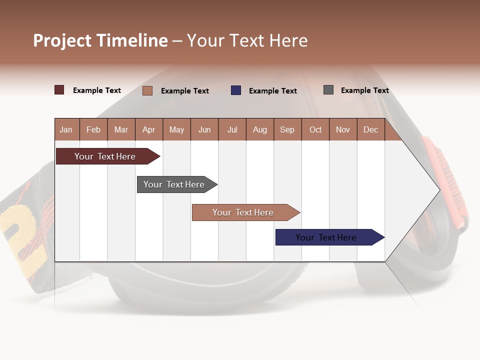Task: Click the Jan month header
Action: (x=66, y=130)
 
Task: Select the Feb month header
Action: (x=93, y=130)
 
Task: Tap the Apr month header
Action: (x=149, y=130)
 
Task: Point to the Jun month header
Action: (x=204, y=130)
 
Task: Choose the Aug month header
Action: (x=260, y=130)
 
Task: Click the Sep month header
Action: (x=287, y=130)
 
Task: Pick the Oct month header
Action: (x=315, y=130)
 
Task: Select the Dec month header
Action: (x=371, y=130)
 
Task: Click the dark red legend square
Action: (x=59, y=90)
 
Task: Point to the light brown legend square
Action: (x=147, y=90)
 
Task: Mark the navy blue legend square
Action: (x=236, y=90)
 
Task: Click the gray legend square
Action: (x=328, y=90)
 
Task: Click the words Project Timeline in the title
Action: (x=100, y=40)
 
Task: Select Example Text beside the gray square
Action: (x=365, y=90)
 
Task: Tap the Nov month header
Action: (x=343, y=130)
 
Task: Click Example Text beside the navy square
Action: (x=273, y=91)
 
